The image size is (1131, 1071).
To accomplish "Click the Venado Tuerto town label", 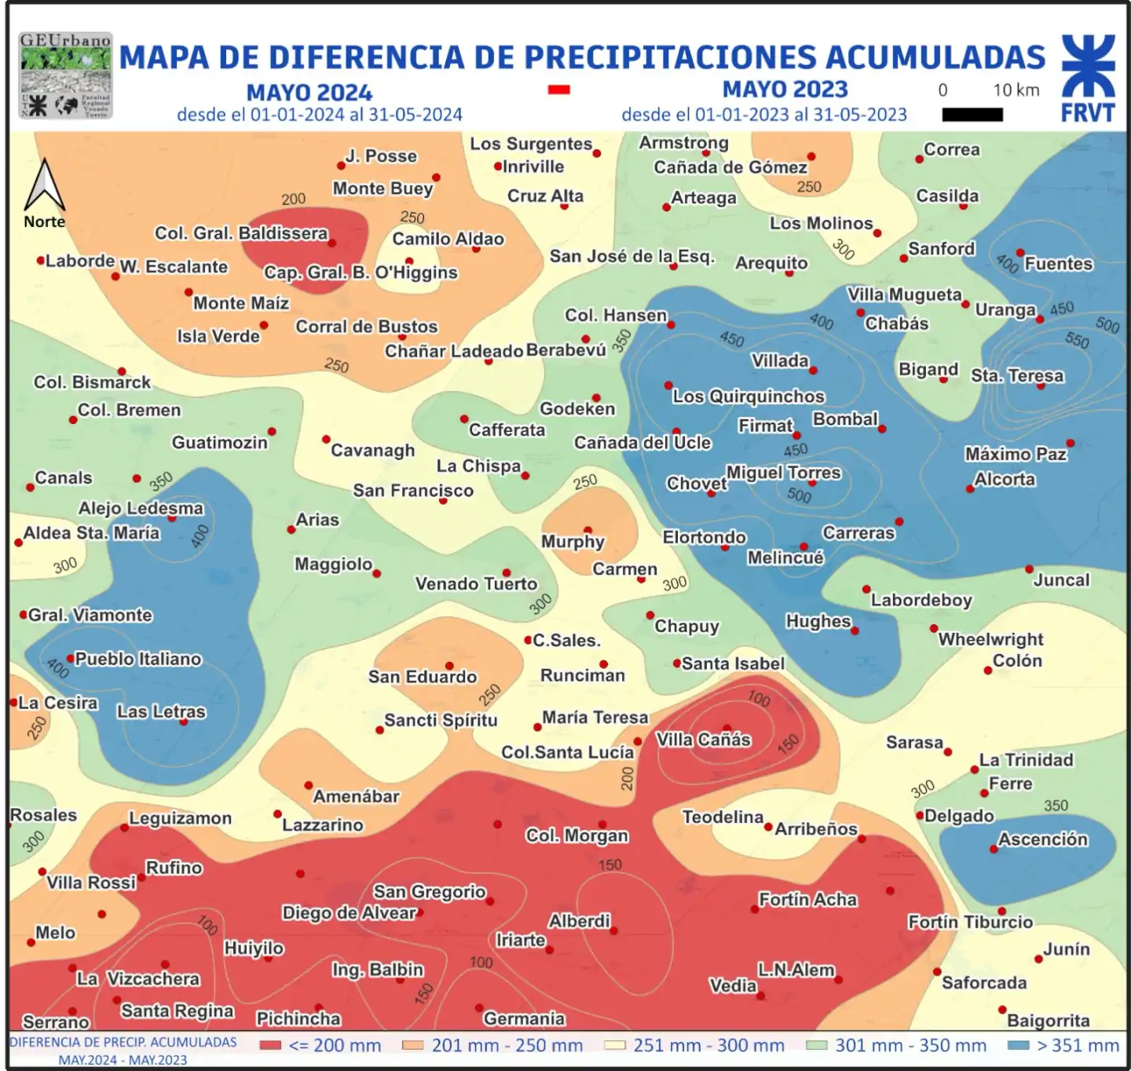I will [476, 583].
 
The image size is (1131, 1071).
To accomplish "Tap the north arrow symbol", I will [45, 185].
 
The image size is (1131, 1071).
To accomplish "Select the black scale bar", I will [972, 115].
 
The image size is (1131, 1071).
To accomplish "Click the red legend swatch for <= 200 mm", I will [270, 1045].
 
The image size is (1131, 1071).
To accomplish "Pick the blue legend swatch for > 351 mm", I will [1018, 1045].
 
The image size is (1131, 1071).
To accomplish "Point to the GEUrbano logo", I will [65, 75].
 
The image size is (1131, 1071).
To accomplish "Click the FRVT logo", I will [1088, 79].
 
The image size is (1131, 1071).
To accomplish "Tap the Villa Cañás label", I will [703, 740].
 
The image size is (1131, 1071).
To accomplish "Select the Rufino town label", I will [174, 868].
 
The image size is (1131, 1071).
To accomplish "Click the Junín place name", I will [1066, 949].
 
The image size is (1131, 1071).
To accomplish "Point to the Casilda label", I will [947, 196].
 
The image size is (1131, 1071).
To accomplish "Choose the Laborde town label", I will [79, 261].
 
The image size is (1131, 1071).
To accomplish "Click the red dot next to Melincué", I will [803, 546].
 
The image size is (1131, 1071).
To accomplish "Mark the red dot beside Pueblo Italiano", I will [70, 659].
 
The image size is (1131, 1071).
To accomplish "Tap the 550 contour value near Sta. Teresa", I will [1077, 340].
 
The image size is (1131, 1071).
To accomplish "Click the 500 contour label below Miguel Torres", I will [799, 495].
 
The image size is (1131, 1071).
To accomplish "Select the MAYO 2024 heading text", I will [309, 93].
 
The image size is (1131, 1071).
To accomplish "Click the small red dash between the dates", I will [558, 90].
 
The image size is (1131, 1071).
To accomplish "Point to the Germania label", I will [524, 1018].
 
